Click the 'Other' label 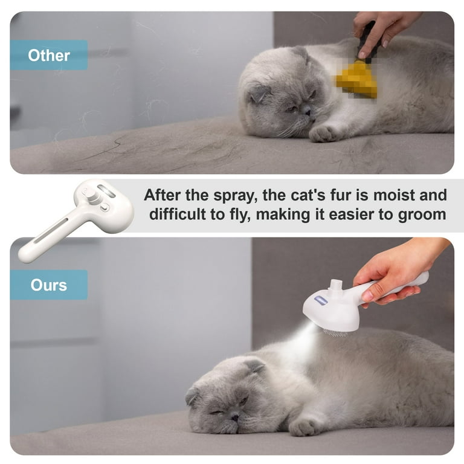pos(49,56)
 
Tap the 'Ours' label pos(49,285)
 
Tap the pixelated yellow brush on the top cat pos(356,79)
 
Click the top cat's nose pos(308,112)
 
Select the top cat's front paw pos(323,134)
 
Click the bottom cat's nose pos(235,417)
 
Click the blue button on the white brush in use pos(321,301)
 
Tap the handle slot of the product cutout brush pos(51,230)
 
